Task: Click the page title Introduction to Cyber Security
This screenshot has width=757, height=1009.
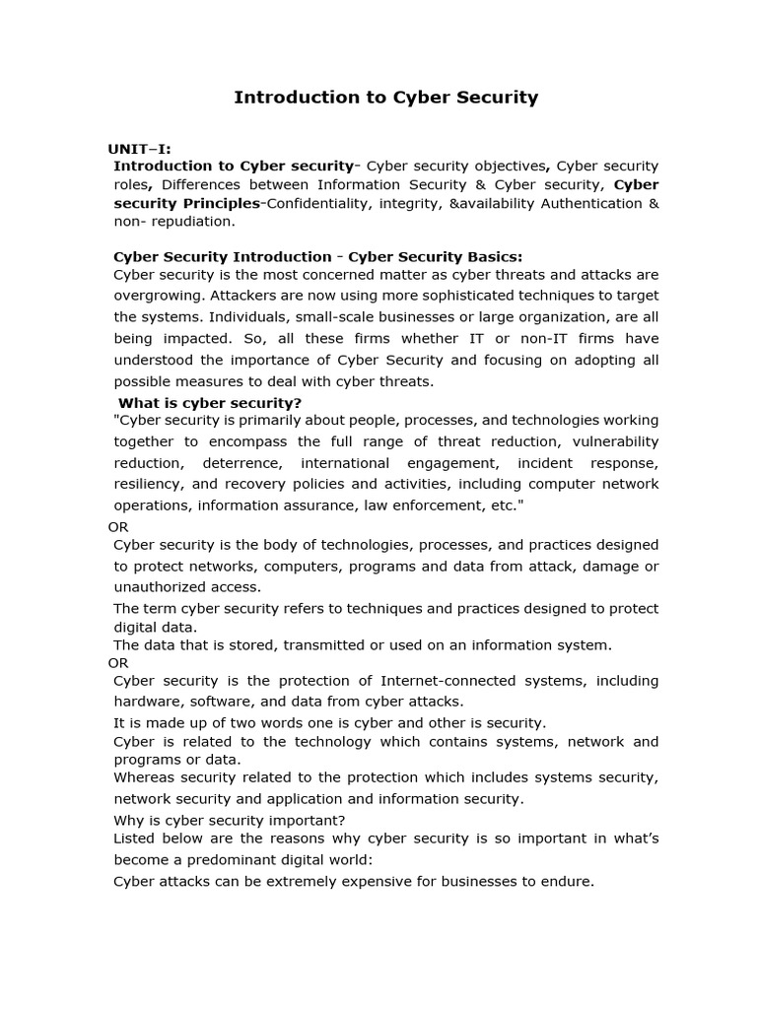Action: coord(385,98)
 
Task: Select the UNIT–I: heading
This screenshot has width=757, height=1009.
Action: coord(139,149)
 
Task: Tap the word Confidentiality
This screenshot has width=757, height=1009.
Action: coord(317,203)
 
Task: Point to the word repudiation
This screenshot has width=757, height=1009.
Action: coord(191,222)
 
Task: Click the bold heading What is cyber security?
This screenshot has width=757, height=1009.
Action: coord(210,402)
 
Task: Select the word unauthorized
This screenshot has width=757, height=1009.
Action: coord(163,587)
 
